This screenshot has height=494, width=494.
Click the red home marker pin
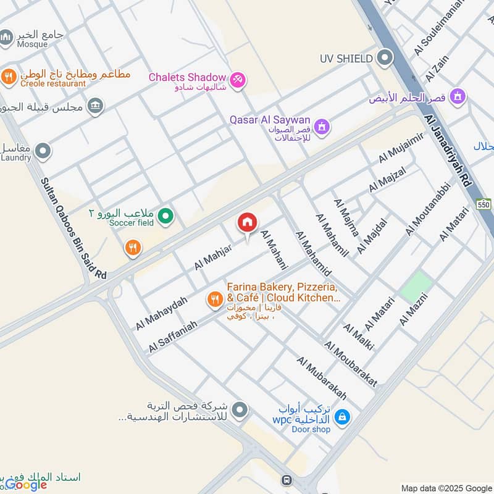248,223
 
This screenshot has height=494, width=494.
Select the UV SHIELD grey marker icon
385,59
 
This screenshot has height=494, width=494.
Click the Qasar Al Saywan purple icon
320,127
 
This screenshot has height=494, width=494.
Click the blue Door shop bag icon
342,417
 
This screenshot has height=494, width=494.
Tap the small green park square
416,287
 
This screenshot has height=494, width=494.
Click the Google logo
26,485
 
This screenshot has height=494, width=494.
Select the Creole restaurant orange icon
8,77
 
